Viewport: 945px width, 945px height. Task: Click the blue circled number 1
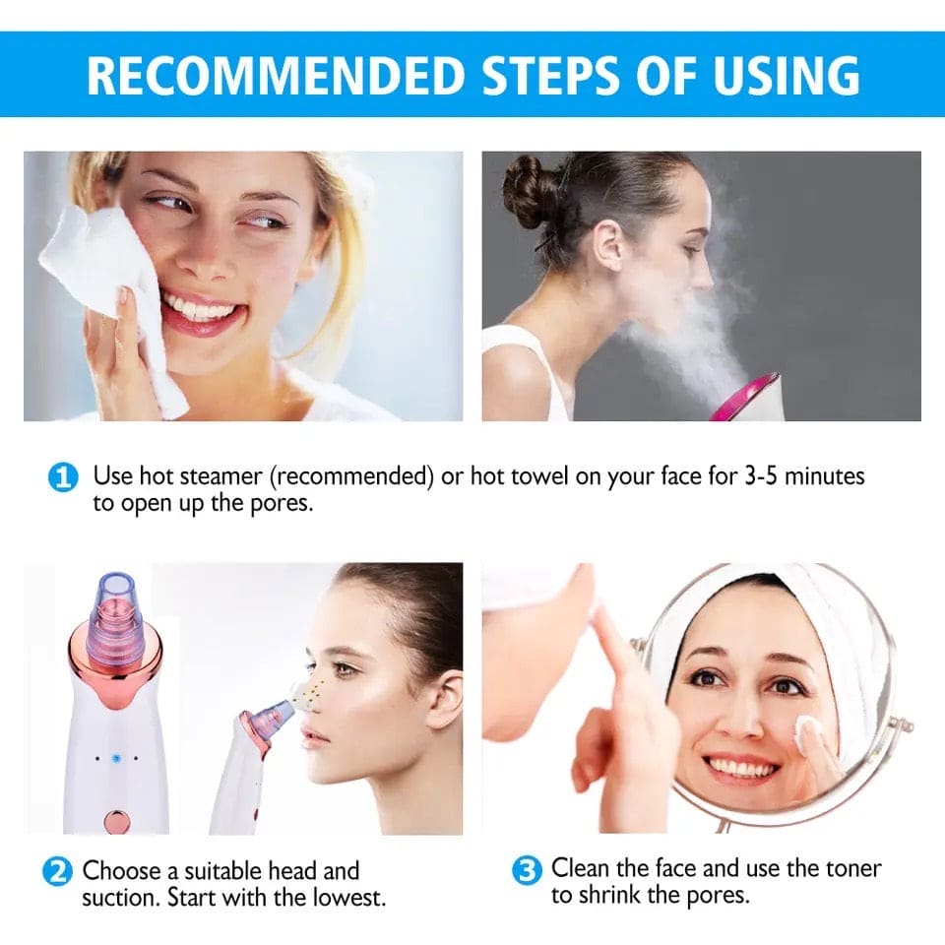point(62,478)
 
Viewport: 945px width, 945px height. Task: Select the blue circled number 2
point(58,872)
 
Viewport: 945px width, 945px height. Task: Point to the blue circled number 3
point(528,870)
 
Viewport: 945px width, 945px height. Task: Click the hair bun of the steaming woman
point(526,191)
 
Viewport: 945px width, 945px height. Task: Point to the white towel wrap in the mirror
point(827,630)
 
